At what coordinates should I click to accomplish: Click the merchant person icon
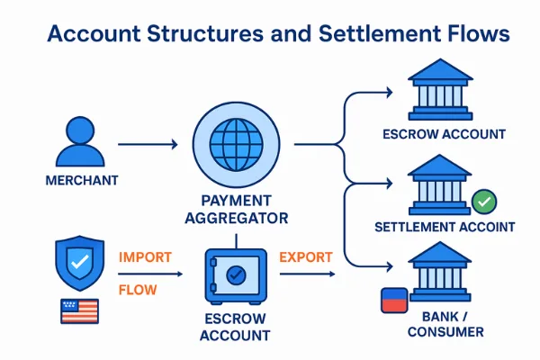point(80,142)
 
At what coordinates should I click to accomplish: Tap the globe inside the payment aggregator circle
point(236,145)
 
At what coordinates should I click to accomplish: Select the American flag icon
point(79,311)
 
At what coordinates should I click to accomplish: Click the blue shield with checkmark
point(80,263)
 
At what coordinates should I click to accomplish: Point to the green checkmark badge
point(484,202)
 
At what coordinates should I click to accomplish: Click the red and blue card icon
point(394,301)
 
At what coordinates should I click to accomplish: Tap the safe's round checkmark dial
point(236,274)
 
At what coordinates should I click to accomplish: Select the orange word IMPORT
point(145,257)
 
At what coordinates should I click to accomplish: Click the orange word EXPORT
point(306,257)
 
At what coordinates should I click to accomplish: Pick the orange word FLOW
point(138,290)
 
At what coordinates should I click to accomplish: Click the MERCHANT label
point(82,181)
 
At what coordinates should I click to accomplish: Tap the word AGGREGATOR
point(237,219)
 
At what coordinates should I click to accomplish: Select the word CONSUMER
point(445,332)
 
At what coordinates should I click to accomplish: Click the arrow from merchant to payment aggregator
point(148,144)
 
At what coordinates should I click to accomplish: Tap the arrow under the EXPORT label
point(308,274)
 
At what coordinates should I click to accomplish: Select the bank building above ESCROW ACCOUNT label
point(440,90)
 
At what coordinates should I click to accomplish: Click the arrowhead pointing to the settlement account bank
point(389,184)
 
